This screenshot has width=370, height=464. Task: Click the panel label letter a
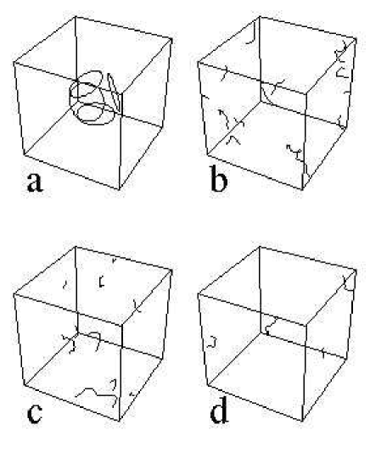[x=35, y=182]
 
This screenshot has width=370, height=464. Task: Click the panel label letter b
[x=219, y=178]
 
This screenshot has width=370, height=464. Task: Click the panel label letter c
[x=34, y=413]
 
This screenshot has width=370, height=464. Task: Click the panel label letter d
[x=219, y=410]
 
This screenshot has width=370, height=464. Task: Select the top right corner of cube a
[x=171, y=38]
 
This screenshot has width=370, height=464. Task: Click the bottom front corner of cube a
[x=120, y=189]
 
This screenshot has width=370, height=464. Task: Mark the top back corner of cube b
[x=260, y=17]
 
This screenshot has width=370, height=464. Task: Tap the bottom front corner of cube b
[x=302, y=189]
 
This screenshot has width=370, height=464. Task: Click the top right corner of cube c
[x=171, y=270]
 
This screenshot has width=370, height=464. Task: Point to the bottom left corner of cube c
[x=25, y=385]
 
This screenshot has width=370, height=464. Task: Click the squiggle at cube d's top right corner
[x=348, y=283]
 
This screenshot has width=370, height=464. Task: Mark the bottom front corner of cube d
[x=302, y=420]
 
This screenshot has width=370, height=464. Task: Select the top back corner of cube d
[x=260, y=247]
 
